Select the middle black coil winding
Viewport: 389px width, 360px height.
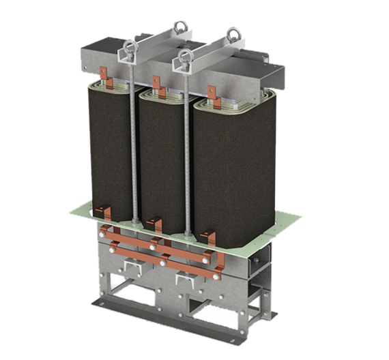(x=161, y=160)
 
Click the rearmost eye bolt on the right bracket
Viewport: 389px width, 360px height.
(x=233, y=31)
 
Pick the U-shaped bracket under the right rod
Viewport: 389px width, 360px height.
(x=184, y=280)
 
